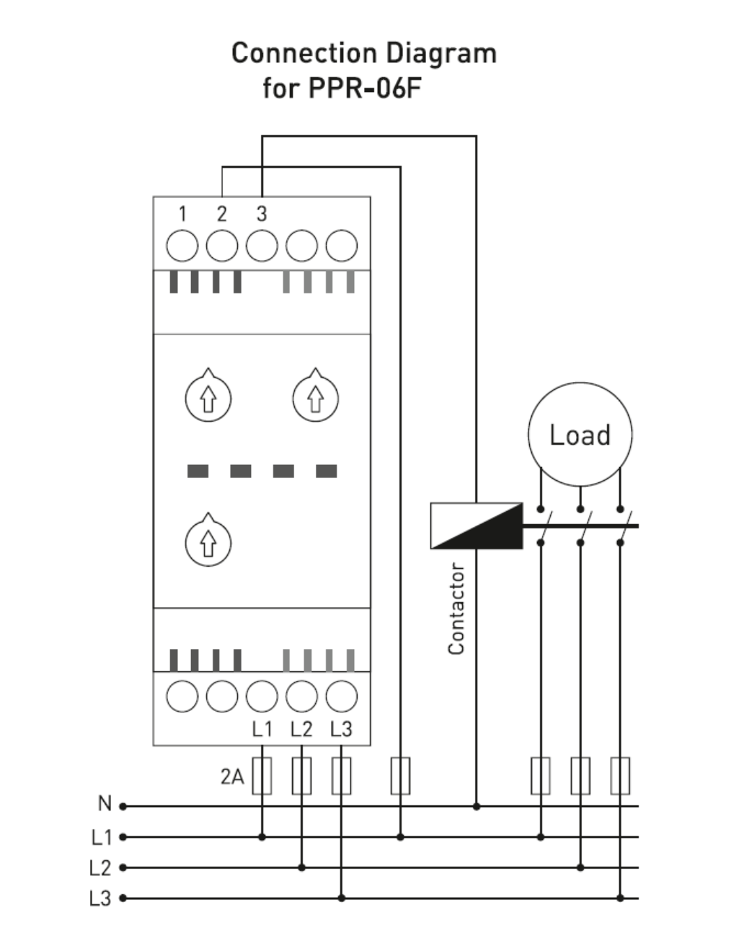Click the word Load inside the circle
coord(579,435)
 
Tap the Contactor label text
coord(456,609)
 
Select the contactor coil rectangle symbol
coord(476,526)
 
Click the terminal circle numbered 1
coord(182,246)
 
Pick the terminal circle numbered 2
coord(222,246)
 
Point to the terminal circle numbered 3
coord(261,246)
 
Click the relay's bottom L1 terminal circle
coord(261,696)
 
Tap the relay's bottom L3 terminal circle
coord(341,696)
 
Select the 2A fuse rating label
coord(232,777)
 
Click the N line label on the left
coord(105,803)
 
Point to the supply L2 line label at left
coord(100,868)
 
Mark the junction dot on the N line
coord(476,806)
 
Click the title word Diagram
coord(441,54)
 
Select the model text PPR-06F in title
coord(365,88)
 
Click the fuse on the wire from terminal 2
coord(400,776)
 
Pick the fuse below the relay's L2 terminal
coord(301,776)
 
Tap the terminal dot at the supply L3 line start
coord(123,898)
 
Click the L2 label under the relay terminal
coord(301,729)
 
